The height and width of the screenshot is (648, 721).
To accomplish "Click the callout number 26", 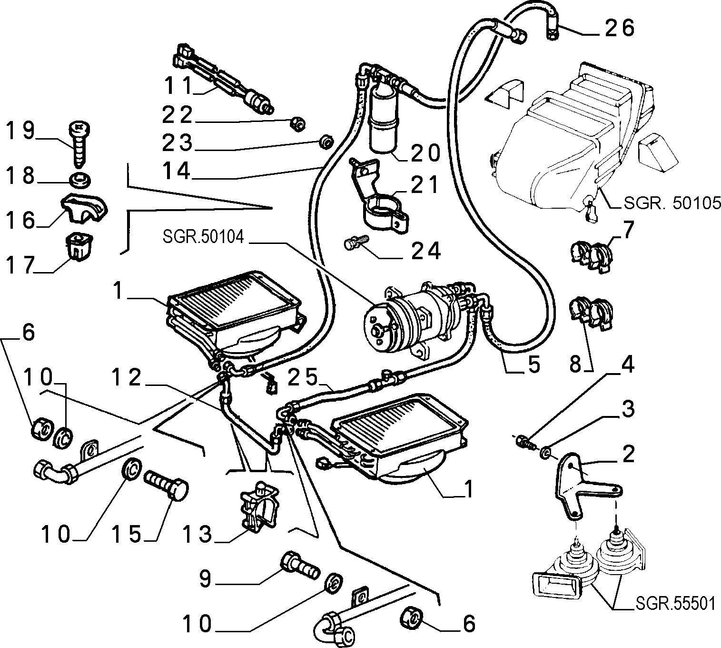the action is pyautogui.click(x=620, y=28).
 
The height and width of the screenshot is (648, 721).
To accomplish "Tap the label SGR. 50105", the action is pyautogui.click(x=672, y=203).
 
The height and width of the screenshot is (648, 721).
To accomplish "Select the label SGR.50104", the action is pyautogui.click(x=203, y=237).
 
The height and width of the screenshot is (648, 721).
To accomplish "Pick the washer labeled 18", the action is pyautogui.click(x=79, y=179).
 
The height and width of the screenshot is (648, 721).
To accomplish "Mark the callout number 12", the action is pyautogui.click(x=127, y=377).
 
